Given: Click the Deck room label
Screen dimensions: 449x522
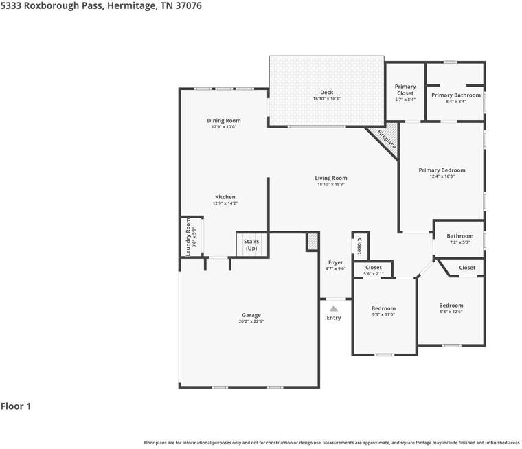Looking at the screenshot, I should (326, 92).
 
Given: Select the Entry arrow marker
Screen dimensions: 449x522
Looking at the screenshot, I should (333, 308).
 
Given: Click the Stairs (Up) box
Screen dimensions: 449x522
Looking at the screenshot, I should (251, 244).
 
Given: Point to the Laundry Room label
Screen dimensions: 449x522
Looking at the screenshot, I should (188, 237).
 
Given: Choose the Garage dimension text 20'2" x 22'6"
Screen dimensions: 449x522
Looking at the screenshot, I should (251, 321).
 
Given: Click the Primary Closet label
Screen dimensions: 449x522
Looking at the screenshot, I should (405, 90).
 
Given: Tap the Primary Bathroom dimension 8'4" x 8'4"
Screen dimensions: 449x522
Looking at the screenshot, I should (455, 102).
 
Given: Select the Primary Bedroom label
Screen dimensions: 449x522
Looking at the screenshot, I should (442, 170).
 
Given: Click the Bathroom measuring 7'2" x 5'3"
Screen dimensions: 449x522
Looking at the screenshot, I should (459, 236).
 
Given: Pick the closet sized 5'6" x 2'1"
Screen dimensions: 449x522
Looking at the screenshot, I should (373, 268).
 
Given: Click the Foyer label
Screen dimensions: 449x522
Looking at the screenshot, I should (335, 262).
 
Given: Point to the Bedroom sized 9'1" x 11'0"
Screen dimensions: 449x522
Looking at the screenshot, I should (383, 308).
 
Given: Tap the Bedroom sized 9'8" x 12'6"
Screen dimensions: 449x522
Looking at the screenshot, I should (451, 306).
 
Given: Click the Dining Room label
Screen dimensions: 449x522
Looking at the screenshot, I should (224, 120).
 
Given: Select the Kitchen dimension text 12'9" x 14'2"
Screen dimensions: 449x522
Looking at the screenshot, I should (225, 203).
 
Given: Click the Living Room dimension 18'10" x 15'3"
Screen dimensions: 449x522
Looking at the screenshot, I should (331, 184).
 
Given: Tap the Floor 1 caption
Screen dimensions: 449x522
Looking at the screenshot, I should (16, 406).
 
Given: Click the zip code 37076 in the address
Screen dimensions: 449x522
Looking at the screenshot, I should (190, 5).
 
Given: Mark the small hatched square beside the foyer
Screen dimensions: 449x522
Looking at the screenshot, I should (313, 242).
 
